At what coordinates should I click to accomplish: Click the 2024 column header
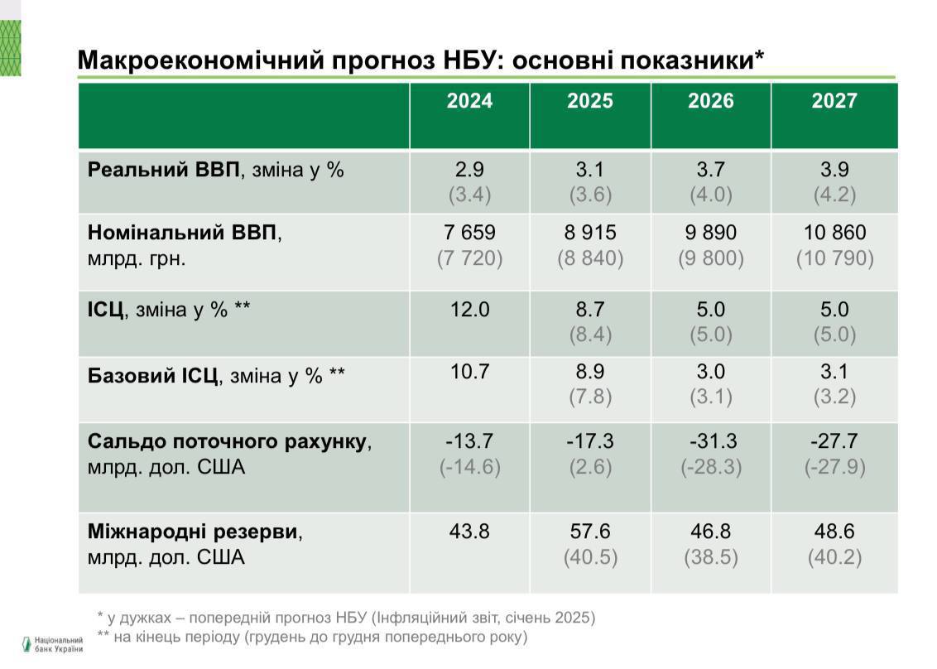point(469,101)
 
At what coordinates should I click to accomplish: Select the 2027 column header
point(834,101)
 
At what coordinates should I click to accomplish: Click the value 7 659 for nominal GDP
point(469,233)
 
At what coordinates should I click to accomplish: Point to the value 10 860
point(834,233)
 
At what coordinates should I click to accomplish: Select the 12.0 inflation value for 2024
point(469,310)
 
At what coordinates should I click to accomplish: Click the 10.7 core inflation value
point(469,372)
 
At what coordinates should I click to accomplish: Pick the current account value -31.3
point(711,441)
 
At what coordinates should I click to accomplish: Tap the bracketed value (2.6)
point(590,467)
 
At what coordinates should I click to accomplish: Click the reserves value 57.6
point(590,531)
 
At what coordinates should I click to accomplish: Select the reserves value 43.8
point(469,531)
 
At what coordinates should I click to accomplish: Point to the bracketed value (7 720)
point(469,258)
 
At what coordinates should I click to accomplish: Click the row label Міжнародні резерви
point(192,532)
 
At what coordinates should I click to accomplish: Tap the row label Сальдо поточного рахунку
point(227,442)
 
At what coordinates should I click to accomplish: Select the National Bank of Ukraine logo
point(51,644)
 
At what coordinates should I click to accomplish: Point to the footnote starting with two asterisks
point(311,637)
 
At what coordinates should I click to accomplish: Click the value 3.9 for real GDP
point(834,170)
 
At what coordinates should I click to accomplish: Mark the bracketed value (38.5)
point(711,557)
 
